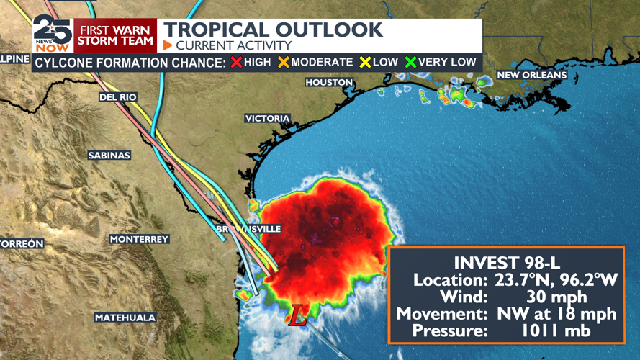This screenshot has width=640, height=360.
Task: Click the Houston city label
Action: click(x=329, y=83)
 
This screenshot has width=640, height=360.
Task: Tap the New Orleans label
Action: click(x=532, y=75)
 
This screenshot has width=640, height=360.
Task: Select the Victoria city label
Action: click(x=267, y=119)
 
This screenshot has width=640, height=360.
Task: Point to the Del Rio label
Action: click(x=118, y=97)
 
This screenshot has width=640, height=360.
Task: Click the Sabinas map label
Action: click(x=109, y=156)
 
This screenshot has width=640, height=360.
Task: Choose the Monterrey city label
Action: click(x=139, y=239)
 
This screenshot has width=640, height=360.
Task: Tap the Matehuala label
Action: click(x=125, y=318)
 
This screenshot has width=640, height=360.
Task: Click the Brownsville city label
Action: click(x=249, y=229)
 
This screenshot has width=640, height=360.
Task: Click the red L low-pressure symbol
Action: click(x=297, y=315)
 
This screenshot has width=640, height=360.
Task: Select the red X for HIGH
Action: click(x=236, y=63)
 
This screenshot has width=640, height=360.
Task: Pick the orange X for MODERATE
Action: click(x=283, y=63)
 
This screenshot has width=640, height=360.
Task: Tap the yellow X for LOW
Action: click(x=365, y=63)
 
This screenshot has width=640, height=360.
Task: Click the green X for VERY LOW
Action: click(x=411, y=63)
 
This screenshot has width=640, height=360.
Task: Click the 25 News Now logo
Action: click(x=52, y=34)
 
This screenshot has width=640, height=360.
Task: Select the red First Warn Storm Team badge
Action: click(x=115, y=35)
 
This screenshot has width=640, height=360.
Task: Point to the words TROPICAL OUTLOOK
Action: click(x=273, y=30)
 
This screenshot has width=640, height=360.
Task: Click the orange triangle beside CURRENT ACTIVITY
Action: click(x=168, y=45)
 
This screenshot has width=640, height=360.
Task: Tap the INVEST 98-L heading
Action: click(x=505, y=263)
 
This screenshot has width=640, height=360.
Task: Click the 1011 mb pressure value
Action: click(x=556, y=330)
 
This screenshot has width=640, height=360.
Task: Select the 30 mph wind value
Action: click(x=556, y=297)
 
